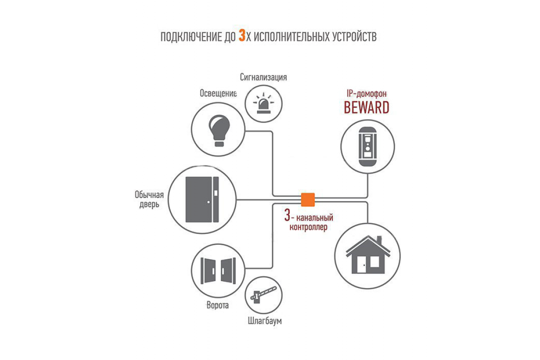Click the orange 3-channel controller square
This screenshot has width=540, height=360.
coord(308,200)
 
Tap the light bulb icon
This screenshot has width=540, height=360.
coord(219,130)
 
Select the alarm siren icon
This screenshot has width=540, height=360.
coord(264,103)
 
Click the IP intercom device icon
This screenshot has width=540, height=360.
coord(367,147)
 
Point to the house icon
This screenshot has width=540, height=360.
coord(368,255)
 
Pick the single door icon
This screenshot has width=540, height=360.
coord(202,199)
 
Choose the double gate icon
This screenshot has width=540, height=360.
coord(218,270)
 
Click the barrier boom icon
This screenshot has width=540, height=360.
coord(264,295)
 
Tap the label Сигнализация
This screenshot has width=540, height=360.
coord(263,77)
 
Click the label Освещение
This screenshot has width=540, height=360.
coord(218,93)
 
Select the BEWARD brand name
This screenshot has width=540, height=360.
coord(366,108)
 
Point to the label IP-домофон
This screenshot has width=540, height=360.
coord(366,94)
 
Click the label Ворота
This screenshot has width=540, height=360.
coord(218,305)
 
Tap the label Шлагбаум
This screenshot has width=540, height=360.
coord(265,321)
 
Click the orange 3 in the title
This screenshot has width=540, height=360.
coord(242,35)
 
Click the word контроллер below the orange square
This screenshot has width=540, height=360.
coord(308,227)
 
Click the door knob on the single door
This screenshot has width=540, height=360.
coord(208,202)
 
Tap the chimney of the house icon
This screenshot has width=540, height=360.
coord(379,240)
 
